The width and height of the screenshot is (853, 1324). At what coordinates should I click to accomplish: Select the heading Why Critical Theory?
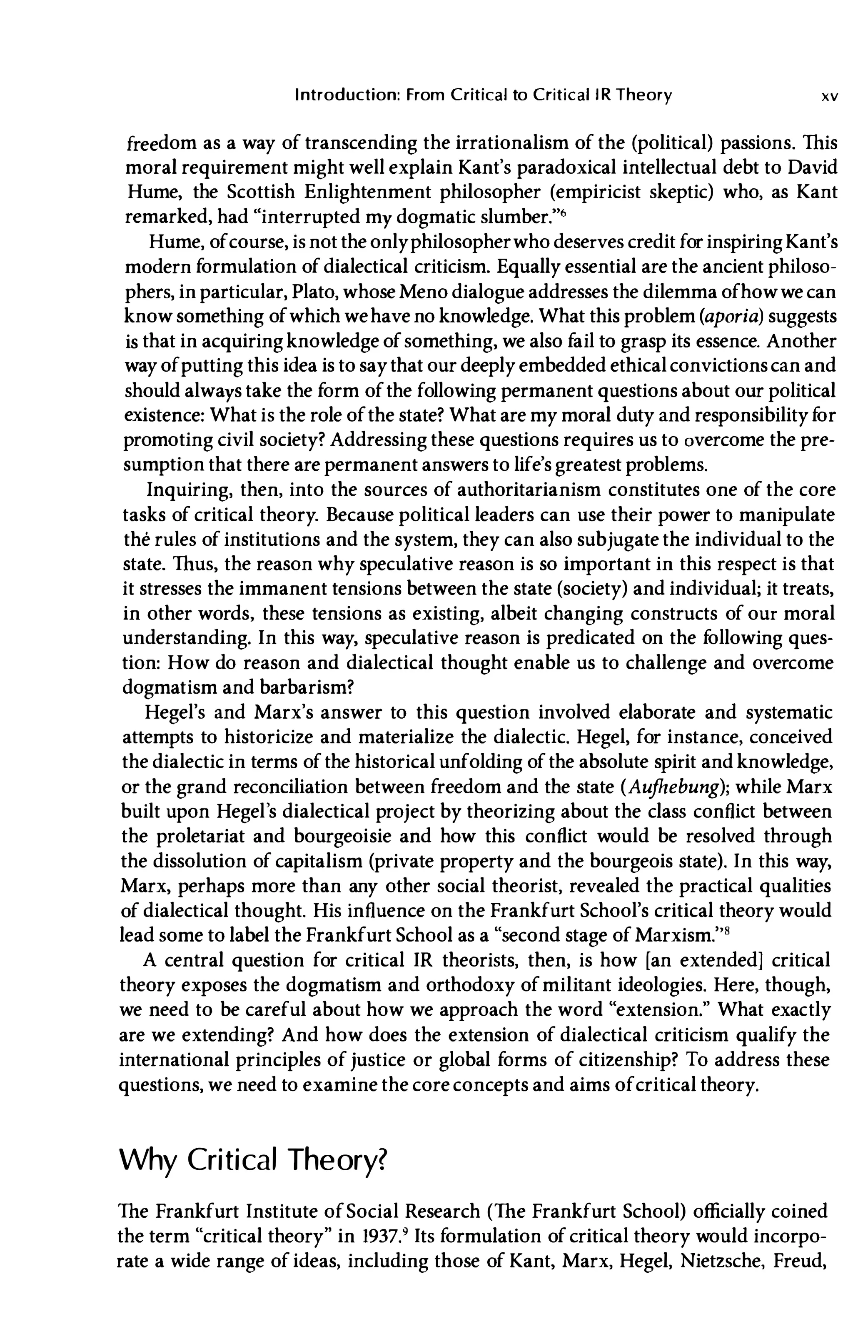pos(252,1160)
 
